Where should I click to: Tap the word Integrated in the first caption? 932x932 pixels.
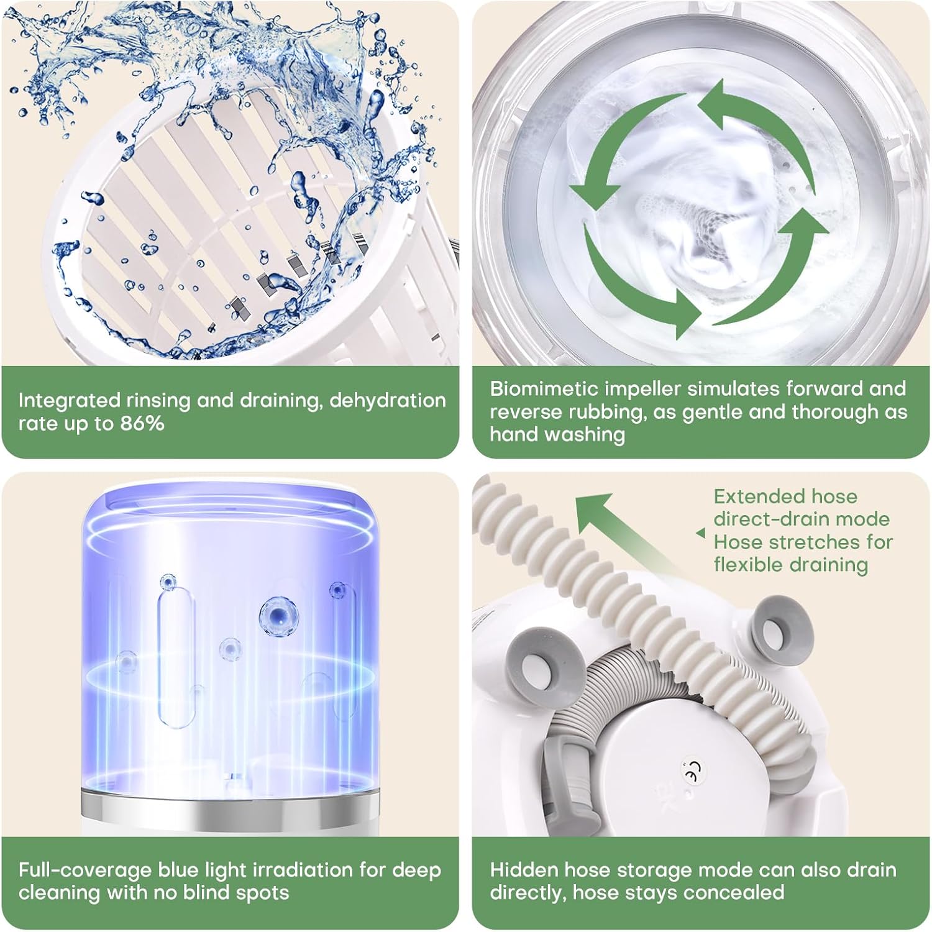[x=69, y=400]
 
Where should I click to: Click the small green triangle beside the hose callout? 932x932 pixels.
[x=701, y=533]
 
